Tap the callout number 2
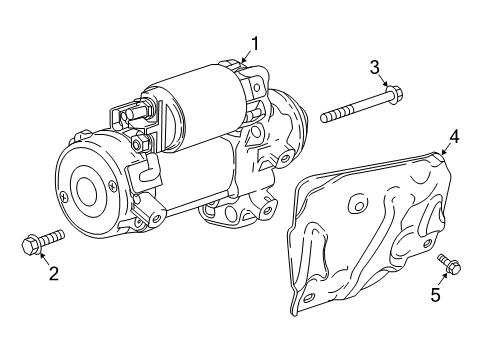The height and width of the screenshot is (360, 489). [41, 270]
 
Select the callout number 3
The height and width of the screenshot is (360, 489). [375, 67]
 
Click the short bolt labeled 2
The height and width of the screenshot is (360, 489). [40, 242]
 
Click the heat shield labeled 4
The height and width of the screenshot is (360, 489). [370, 230]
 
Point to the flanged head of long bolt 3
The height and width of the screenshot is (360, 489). [393, 98]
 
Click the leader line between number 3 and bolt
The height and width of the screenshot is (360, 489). [381, 82]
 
